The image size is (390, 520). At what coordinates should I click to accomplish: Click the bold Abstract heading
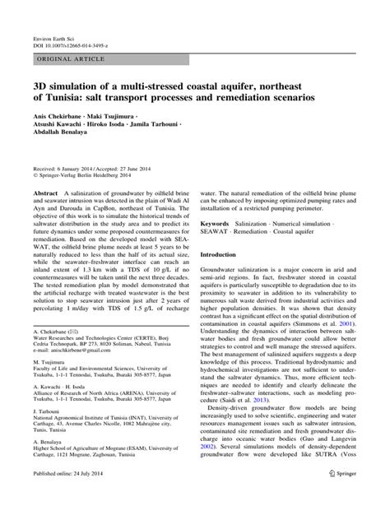45,192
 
